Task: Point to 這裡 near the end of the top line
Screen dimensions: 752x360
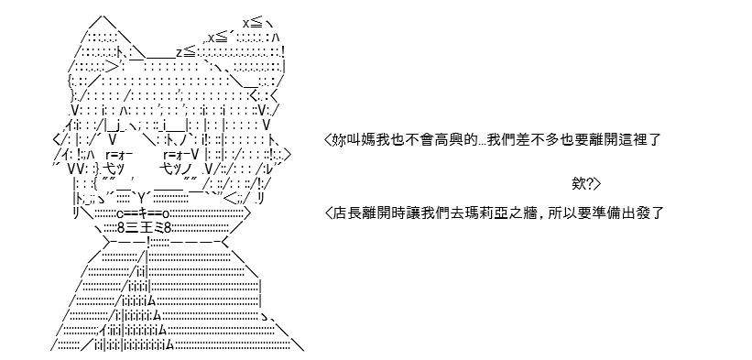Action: point(637,140)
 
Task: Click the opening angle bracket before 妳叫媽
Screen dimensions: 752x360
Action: point(328,140)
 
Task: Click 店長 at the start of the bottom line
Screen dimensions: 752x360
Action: point(345,213)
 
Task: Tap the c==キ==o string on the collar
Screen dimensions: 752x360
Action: point(143,213)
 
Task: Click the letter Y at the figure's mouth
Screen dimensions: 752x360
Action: point(142,197)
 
